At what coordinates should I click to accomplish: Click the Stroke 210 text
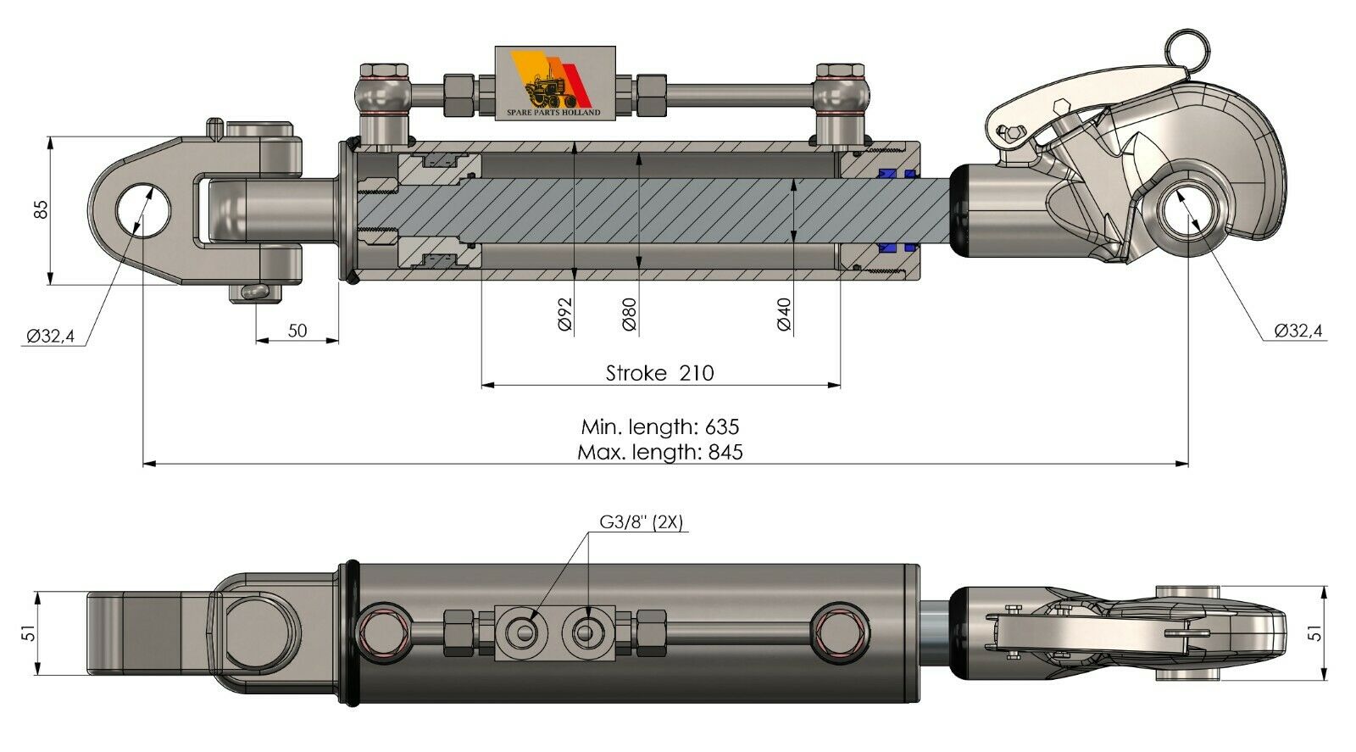(659, 373)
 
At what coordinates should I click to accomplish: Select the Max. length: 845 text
(659, 452)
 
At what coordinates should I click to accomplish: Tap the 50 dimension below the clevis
(297, 331)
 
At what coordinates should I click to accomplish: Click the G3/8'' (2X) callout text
(641, 522)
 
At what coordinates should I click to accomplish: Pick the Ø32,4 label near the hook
(1298, 331)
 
